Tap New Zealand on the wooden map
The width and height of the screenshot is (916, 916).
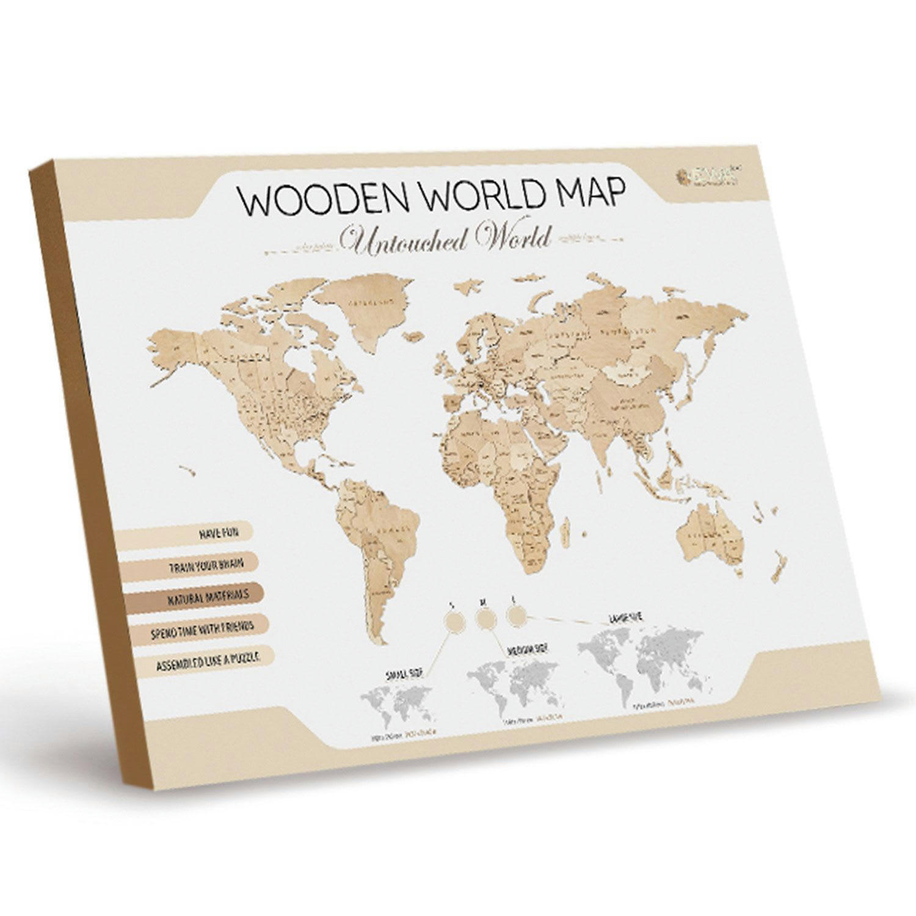click(777, 565)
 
